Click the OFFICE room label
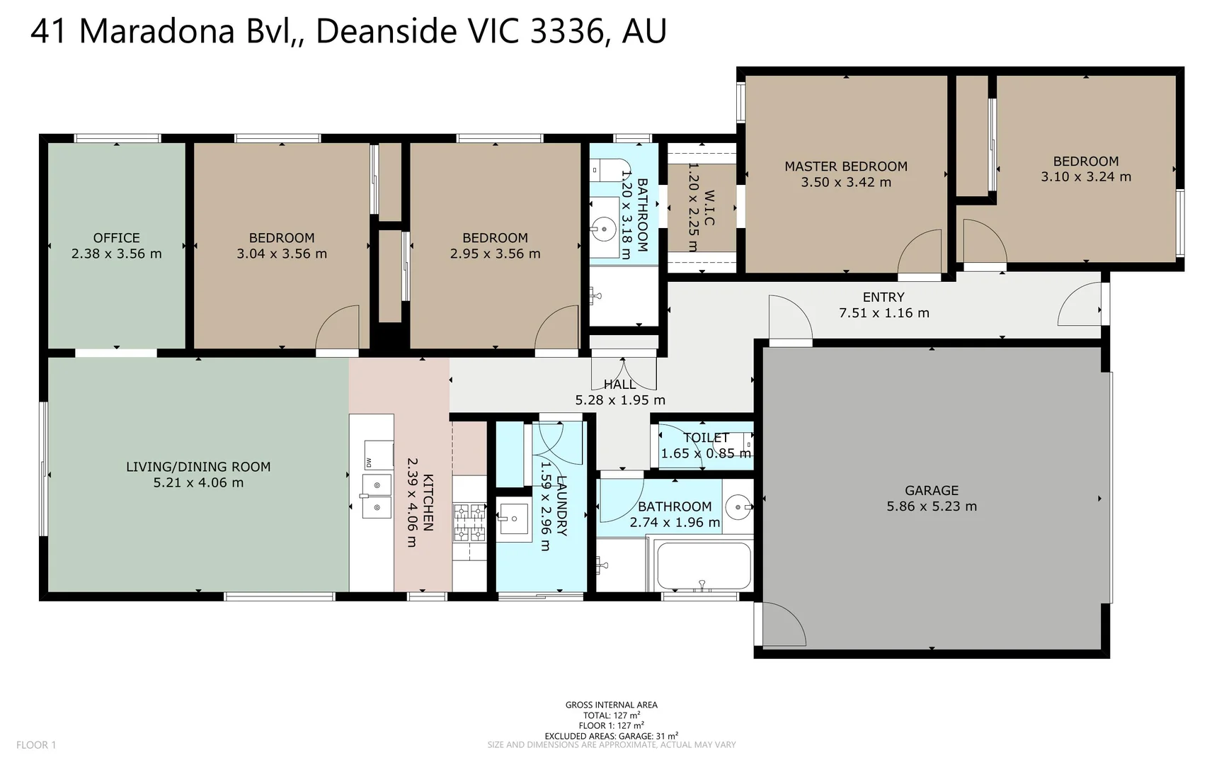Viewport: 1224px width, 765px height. [x=116, y=238]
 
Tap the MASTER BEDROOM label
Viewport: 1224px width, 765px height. [x=846, y=166]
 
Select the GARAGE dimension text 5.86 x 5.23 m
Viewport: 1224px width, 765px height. [x=932, y=506]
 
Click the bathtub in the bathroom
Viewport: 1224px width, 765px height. [x=704, y=565]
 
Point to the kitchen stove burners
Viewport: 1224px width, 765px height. [x=469, y=522]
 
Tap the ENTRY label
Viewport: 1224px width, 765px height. [x=883, y=297]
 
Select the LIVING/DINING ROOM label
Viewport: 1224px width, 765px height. [x=198, y=467]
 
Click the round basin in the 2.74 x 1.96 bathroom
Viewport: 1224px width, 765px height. [x=738, y=506]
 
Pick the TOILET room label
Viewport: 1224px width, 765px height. [x=706, y=438]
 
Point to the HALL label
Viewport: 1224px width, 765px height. [x=619, y=385]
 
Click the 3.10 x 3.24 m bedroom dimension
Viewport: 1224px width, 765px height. [x=1086, y=177]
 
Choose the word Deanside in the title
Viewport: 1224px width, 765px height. [x=386, y=31]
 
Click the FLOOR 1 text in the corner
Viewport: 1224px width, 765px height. [x=36, y=744]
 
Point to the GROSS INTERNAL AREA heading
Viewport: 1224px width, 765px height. [x=612, y=705]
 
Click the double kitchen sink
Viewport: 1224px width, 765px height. [x=377, y=495]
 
